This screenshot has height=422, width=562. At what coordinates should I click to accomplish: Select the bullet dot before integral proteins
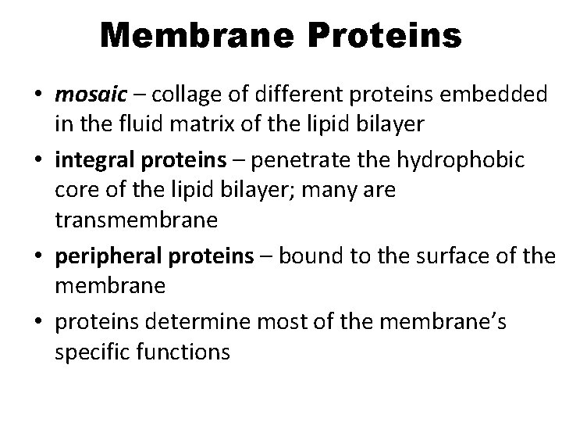pos(37,161)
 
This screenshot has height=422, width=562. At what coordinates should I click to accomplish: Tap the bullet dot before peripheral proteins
pos(37,257)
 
